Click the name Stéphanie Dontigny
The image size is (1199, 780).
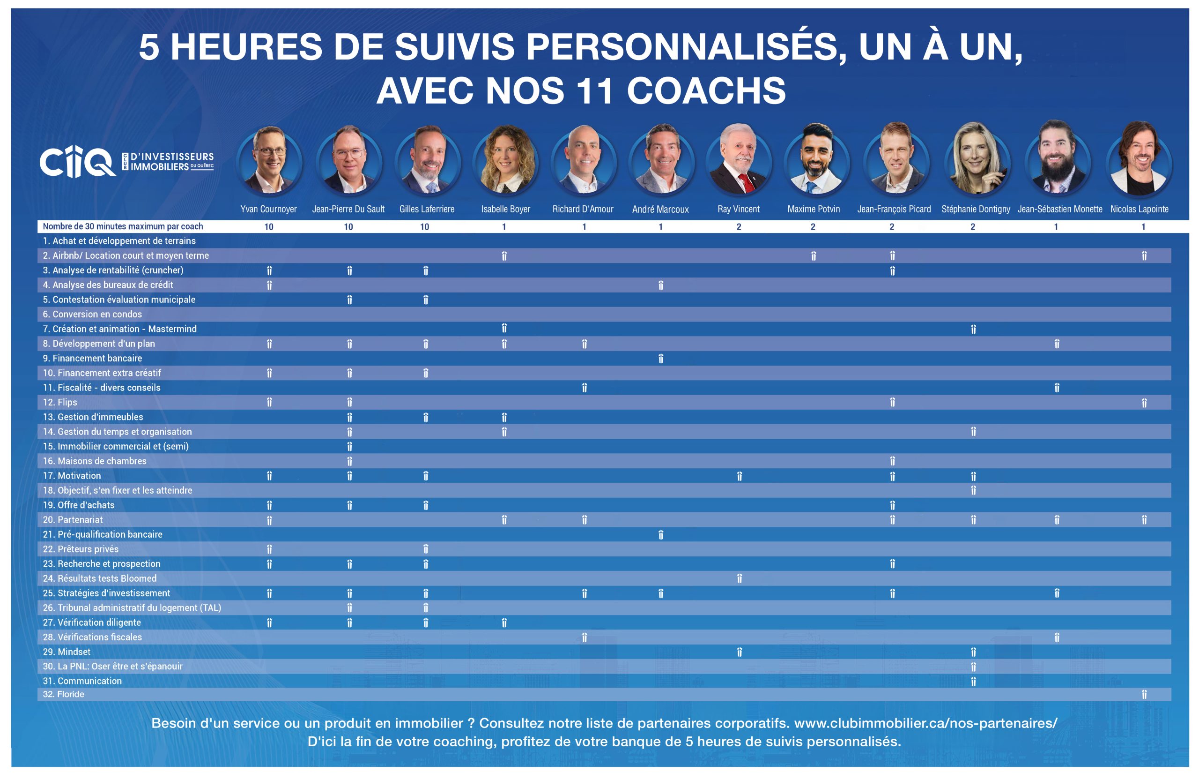click(x=975, y=209)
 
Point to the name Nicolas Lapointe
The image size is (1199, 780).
click(x=1139, y=209)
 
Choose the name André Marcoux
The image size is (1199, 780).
click(x=660, y=209)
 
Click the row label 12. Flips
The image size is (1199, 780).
click(x=60, y=402)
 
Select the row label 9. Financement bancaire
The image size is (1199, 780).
click(x=92, y=359)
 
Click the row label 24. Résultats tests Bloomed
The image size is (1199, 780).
click(x=100, y=578)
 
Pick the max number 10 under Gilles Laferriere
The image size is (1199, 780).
click(x=425, y=227)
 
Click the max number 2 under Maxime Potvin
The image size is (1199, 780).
click(x=813, y=227)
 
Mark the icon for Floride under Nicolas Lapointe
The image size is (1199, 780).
click(x=1144, y=695)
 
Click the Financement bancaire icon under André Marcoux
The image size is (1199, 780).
click(x=660, y=359)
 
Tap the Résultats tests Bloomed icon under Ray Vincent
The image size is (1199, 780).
click(x=739, y=578)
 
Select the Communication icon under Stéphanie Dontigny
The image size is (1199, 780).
click(x=973, y=681)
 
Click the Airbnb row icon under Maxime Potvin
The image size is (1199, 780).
click(x=813, y=256)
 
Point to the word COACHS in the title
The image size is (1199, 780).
click(x=706, y=91)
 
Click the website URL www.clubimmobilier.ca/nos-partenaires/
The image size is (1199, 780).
click(x=925, y=723)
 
